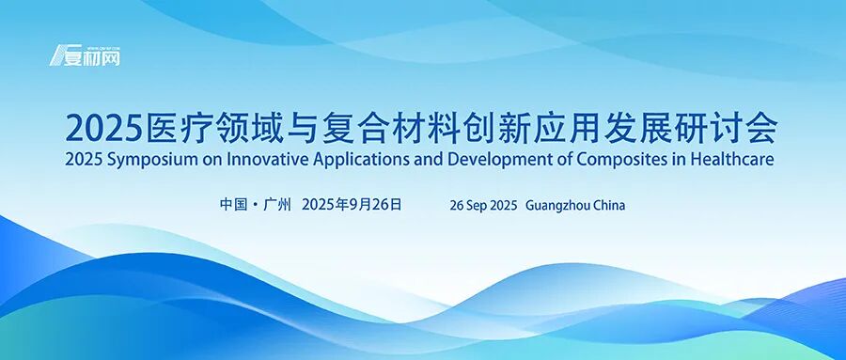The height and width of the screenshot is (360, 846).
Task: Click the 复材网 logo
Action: pyautogui.click(x=86, y=55)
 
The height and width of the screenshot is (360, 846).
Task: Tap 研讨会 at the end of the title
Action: pyautogui.click(x=750, y=126)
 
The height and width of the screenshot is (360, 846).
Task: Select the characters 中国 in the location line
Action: pyautogui.click(x=234, y=204)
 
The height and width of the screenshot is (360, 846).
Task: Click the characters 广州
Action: pyautogui.click(x=278, y=204)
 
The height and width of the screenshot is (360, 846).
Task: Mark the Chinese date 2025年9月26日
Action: pyautogui.click(x=352, y=204)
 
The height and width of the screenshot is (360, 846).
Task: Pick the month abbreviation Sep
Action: pyautogui.click(x=478, y=205)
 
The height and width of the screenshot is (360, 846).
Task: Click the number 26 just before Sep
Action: pyautogui.click(x=458, y=205)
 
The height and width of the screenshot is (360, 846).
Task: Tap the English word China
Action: pyautogui.click(x=610, y=205)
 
